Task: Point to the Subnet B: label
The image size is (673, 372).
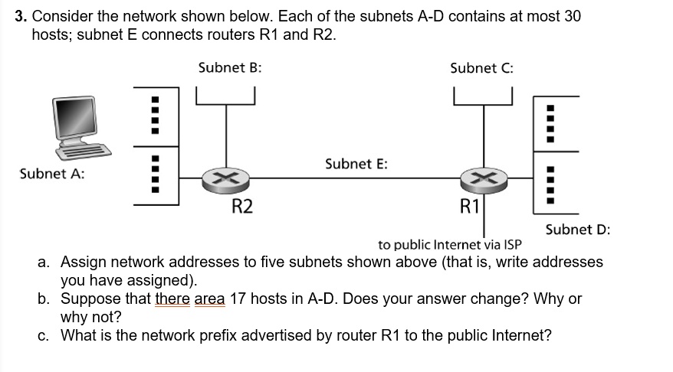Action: [230, 67]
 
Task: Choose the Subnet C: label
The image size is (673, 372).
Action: [482, 67]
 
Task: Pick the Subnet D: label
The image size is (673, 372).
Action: [578, 229]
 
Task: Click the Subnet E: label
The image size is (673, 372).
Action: [356, 164]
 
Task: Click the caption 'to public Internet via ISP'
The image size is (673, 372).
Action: [450, 245]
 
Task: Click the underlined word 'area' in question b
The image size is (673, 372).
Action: [209, 299]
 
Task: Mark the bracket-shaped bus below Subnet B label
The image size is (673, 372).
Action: [225, 97]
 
